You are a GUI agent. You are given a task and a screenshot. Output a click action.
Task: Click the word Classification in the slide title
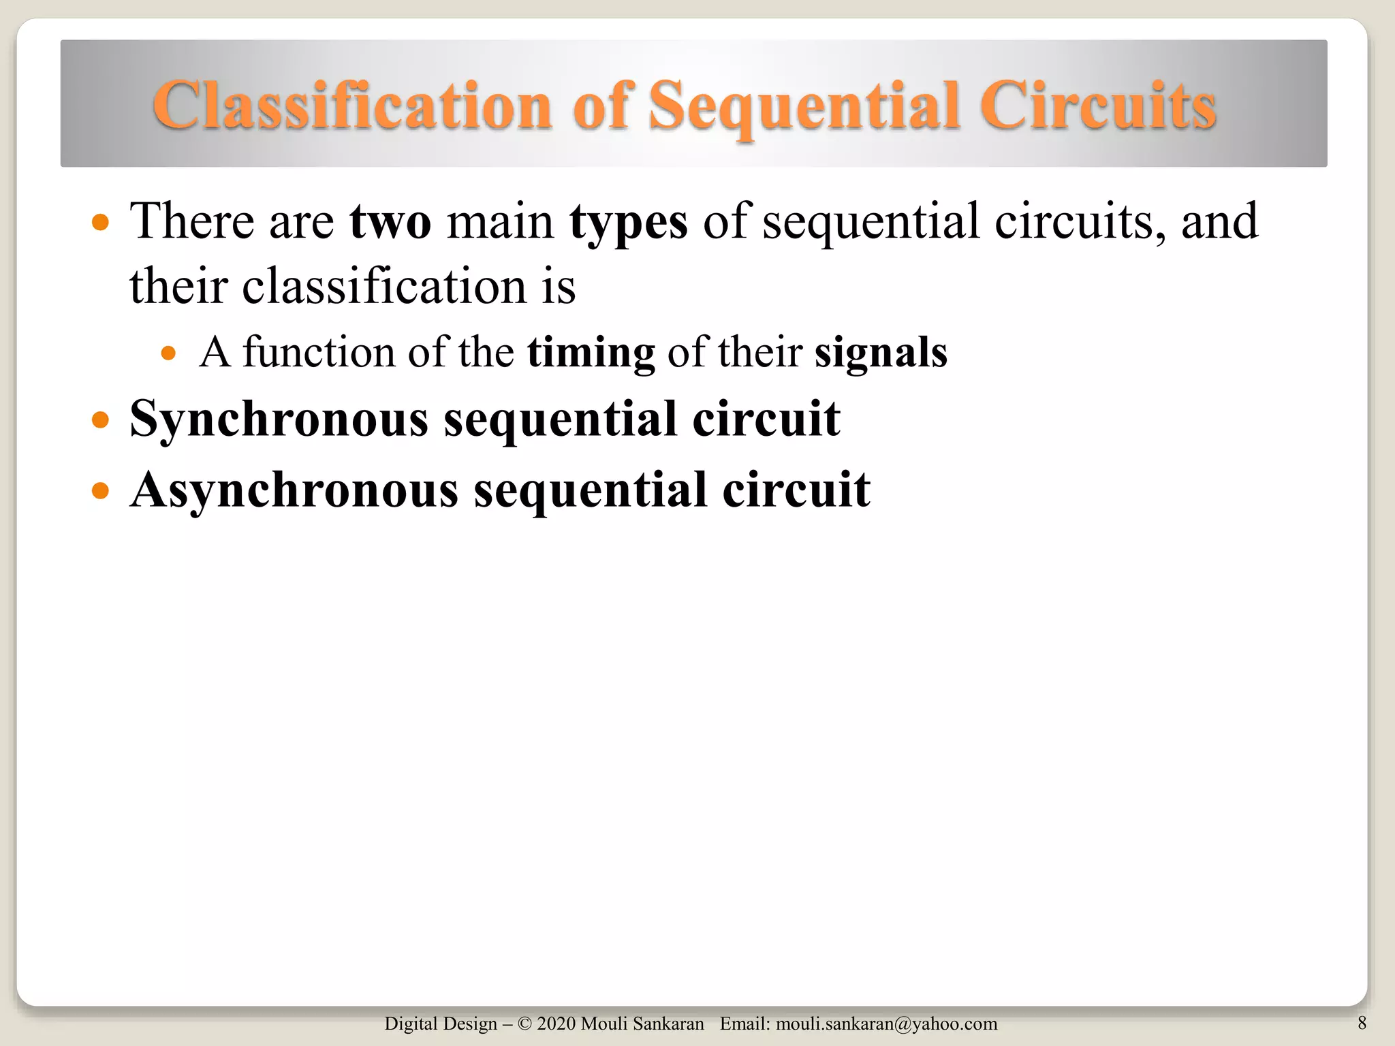coord(352,106)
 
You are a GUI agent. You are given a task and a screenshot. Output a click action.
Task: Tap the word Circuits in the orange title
coord(1097,106)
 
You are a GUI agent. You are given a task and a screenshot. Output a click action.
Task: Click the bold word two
coord(390,221)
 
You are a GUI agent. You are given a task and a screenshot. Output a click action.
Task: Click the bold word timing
coord(591,353)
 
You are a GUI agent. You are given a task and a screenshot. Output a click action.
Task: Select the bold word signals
coord(881,353)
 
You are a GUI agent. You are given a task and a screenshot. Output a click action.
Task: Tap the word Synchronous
coord(279,419)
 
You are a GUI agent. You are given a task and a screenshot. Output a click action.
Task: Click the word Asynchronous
coord(294,490)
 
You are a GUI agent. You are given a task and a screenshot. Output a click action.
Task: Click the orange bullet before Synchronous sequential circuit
coord(100,419)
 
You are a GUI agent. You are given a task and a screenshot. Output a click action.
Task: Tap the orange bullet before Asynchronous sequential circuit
coord(100,490)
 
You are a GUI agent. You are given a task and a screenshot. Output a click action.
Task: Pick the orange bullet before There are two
coord(100,222)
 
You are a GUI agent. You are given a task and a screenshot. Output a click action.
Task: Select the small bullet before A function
coord(168,353)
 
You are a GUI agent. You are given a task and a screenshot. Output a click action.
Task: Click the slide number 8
coord(1362,1022)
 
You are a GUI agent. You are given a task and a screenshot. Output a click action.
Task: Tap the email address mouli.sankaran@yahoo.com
coord(886,1024)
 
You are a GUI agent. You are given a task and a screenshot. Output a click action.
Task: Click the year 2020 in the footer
coord(556,1024)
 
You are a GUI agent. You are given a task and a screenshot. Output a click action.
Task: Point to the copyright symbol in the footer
coord(524,1024)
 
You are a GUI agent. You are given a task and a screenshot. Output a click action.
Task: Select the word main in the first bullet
coord(500,221)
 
